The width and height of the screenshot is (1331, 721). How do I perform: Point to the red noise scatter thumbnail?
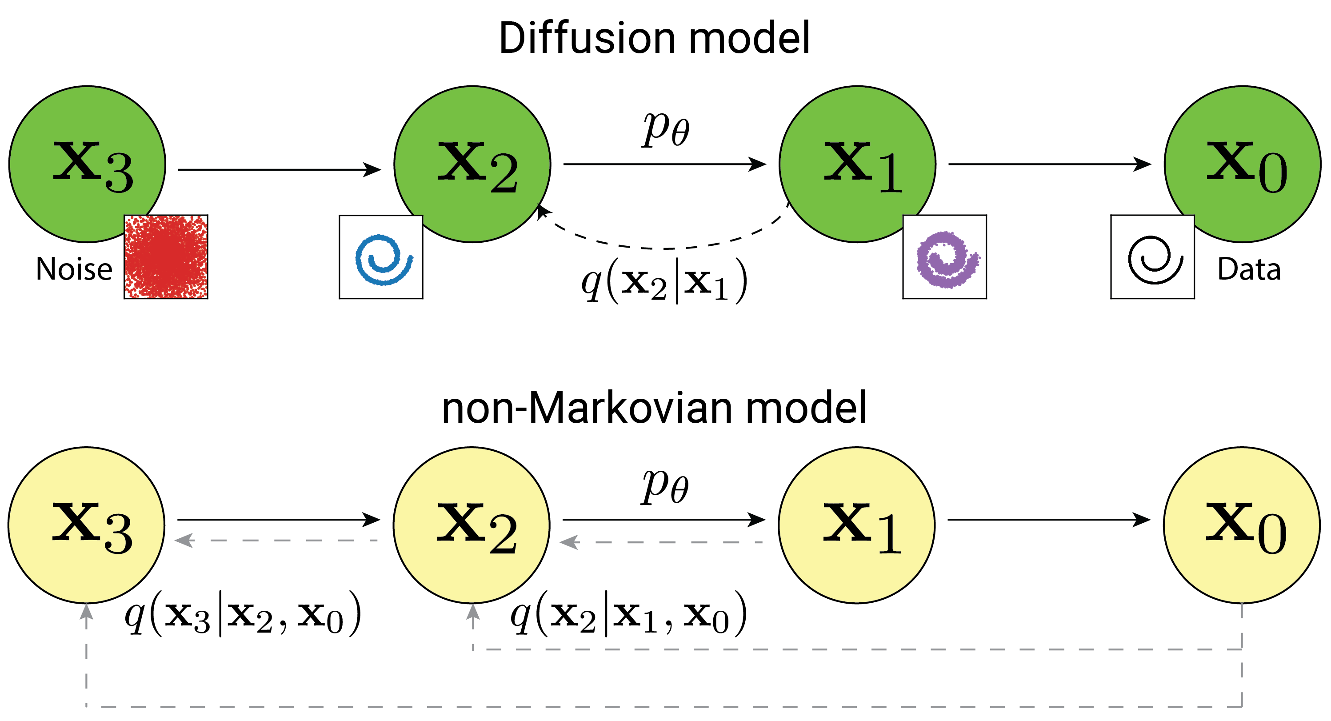(x=166, y=257)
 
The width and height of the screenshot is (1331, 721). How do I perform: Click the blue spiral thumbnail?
(x=381, y=257)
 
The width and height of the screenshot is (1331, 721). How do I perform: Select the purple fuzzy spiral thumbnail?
(x=944, y=257)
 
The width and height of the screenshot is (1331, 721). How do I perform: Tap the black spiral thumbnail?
(x=1152, y=257)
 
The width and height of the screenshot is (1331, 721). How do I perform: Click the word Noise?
(x=74, y=269)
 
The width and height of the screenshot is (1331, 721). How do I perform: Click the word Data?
(x=1249, y=269)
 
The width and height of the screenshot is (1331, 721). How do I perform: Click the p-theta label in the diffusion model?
(x=666, y=129)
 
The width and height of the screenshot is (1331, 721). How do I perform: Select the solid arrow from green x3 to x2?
(x=279, y=169)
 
